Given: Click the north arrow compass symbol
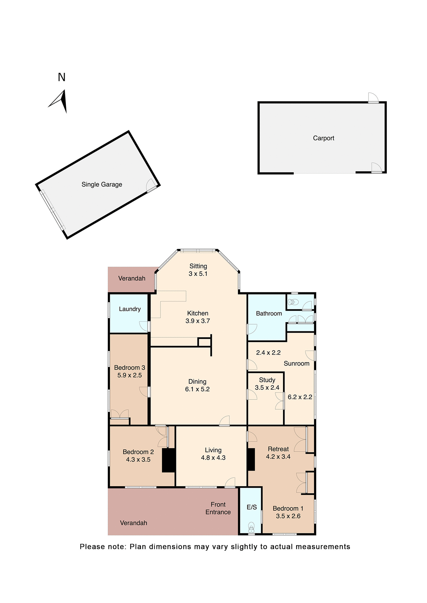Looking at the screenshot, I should pyautogui.click(x=59, y=101).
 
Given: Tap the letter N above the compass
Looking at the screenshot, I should pyautogui.click(x=62, y=77).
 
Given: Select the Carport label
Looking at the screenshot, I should pyautogui.click(x=323, y=138).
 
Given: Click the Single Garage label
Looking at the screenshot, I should pyautogui.click(x=102, y=184).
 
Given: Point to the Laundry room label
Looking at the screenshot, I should pyautogui.click(x=130, y=309).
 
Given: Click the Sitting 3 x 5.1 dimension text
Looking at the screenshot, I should pyautogui.click(x=198, y=274).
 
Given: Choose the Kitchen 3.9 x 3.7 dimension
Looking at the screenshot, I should pyautogui.click(x=197, y=321).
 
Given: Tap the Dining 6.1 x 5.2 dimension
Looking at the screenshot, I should pyautogui.click(x=197, y=389).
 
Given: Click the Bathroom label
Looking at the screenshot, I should pyautogui.click(x=269, y=313).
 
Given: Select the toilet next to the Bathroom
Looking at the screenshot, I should pyautogui.click(x=293, y=302).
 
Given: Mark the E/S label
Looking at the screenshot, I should pyautogui.click(x=252, y=507).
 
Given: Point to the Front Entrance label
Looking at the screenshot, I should pyautogui.click(x=218, y=508).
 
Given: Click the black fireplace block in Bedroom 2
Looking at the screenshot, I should pyautogui.click(x=169, y=460).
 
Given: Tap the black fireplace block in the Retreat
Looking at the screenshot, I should pyautogui.click(x=251, y=459).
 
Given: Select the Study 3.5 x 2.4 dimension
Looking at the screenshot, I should pyautogui.click(x=267, y=388).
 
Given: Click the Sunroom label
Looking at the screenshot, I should pyautogui.click(x=297, y=363).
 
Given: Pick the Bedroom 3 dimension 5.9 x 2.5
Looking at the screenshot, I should pyautogui.click(x=130, y=375).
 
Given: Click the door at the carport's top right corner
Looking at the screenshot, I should pyautogui.click(x=373, y=98).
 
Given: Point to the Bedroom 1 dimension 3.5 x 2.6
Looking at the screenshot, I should pyautogui.click(x=288, y=516).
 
